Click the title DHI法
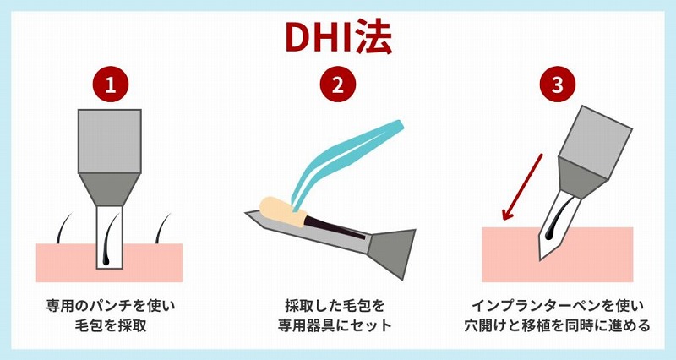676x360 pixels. point(338,37)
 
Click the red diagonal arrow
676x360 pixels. point(522,187)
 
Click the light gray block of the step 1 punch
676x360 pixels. point(110,141)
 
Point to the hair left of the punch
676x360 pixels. point(64,227)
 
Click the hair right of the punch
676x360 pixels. point(162,227)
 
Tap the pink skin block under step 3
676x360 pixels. point(558,254)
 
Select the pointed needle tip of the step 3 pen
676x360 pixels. point(541,259)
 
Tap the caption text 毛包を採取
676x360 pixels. point(111,325)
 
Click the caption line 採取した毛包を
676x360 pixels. point(335,306)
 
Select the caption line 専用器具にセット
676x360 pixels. point(335,325)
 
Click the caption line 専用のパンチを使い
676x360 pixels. point(111,306)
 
